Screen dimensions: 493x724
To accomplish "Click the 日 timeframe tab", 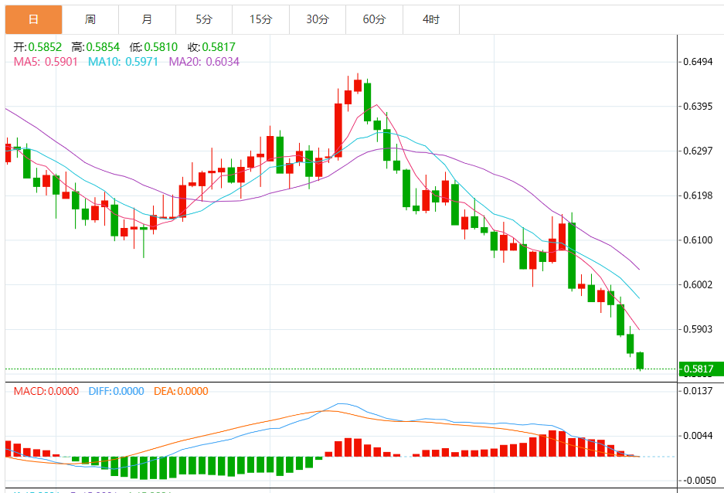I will click(33, 19).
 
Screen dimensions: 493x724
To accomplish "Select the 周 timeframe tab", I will click(90, 19).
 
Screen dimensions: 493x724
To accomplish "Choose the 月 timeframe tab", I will click(147, 19).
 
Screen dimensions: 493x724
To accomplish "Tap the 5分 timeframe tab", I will click(204, 19).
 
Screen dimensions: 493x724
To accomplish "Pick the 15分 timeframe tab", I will click(261, 19).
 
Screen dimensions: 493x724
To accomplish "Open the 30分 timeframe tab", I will click(318, 19).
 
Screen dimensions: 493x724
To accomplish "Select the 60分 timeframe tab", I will click(374, 19).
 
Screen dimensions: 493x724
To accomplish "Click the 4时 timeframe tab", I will click(431, 19).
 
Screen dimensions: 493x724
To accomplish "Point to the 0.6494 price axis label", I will click(698, 62).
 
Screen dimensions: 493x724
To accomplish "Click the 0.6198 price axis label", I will click(698, 195).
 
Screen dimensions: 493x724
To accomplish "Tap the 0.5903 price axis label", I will click(698, 330).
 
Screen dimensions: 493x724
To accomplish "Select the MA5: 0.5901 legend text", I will click(46, 62).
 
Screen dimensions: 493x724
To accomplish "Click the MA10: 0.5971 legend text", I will click(123, 62).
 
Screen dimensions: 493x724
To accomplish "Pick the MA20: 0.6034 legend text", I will click(204, 62).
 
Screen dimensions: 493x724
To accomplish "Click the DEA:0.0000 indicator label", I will click(181, 391).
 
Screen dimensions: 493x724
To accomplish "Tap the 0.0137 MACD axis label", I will click(698, 391).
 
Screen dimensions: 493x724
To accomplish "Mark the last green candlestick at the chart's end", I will click(640, 361).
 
